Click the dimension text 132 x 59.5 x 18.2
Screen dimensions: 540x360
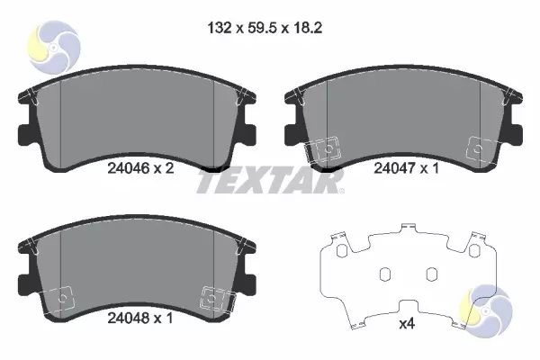click(x=265, y=28)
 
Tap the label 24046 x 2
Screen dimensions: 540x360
click(x=140, y=168)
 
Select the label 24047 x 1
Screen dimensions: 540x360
click(x=407, y=168)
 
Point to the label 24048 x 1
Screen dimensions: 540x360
click(x=140, y=318)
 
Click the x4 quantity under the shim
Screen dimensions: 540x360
click(x=407, y=324)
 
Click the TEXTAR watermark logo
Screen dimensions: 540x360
click(x=270, y=181)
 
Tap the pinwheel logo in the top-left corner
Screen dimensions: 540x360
click(x=54, y=47)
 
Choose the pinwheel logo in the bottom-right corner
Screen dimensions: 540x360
click(x=486, y=311)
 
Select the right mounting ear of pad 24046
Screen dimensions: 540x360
click(x=249, y=134)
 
